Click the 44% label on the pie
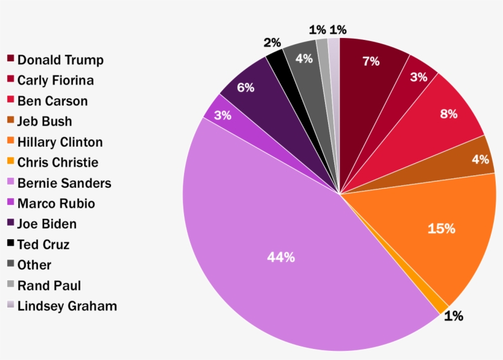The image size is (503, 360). (281, 258)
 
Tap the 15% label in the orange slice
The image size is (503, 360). (441, 229)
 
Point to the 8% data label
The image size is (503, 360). (448, 113)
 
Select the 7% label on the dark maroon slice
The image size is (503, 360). (371, 61)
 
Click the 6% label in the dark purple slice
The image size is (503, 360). (245, 88)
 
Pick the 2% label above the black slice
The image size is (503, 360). (272, 43)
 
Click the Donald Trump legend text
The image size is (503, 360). (60, 60)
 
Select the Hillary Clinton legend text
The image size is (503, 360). (60, 142)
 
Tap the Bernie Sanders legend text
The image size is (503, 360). (64, 183)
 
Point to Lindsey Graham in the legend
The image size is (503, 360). (67, 306)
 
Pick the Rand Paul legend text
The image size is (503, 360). (49, 286)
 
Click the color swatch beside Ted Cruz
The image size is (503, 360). (10, 243)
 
